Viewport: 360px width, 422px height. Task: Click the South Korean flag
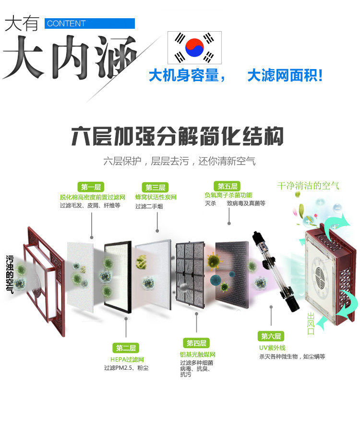pyautogui.click(x=194, y=47)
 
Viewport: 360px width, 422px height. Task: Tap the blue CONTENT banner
pyautogui.click(x=90, y=23)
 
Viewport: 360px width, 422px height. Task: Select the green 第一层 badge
pyautogui.click(x=91, y=188)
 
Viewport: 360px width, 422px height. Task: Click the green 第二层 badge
pyautogui.click(x=126, y=348)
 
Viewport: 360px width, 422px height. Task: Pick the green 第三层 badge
pyautogui.click(x=156, y=188)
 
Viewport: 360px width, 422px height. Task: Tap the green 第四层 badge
pyautogui.click(x=196, y=343)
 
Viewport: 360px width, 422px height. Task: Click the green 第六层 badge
pyautogui.click(x=271, y=336)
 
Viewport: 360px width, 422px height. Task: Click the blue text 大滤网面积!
pyautogui.click(x=285, y=75)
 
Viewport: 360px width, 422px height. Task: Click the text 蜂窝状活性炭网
pyautogui.click(x=156, y=197)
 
